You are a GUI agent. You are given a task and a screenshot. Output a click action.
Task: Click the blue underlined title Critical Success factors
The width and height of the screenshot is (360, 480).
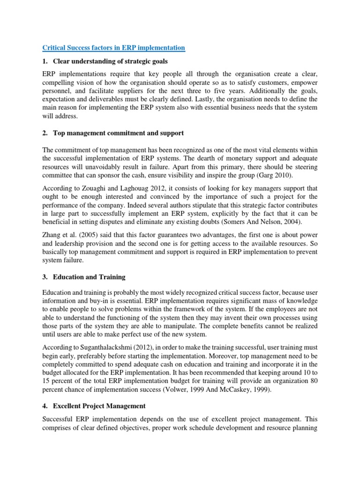(114, 48)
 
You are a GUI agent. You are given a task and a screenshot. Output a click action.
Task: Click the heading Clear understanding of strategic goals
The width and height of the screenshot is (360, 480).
(110, 61)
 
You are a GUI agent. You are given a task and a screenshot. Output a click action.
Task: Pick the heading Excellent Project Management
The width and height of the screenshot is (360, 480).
(99, 405)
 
